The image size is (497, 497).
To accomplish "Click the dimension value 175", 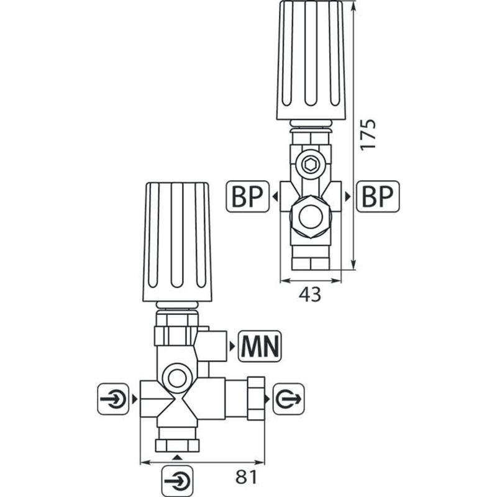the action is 368,134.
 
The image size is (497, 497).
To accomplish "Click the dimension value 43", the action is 309,294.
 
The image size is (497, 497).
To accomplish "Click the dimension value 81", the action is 247,476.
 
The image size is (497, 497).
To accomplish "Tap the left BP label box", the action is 247,196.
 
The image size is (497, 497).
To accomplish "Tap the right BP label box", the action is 378,196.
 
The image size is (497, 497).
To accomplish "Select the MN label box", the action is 260,346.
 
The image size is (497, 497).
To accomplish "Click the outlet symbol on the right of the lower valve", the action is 288,399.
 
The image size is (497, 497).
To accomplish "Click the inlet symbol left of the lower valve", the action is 113,399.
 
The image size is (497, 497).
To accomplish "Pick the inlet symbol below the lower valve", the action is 177,481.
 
